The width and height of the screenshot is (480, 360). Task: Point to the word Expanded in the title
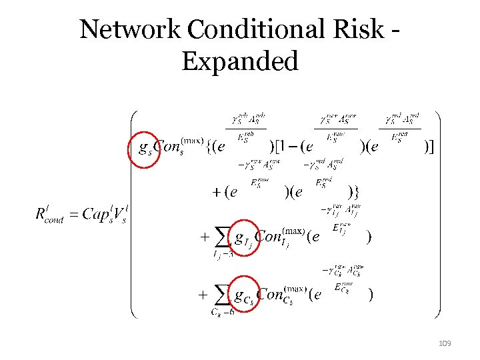click(x=239, y=61)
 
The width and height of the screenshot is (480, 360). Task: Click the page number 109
click(x=445, y=343)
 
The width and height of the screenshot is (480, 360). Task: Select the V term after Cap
click(x=122, y=215)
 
